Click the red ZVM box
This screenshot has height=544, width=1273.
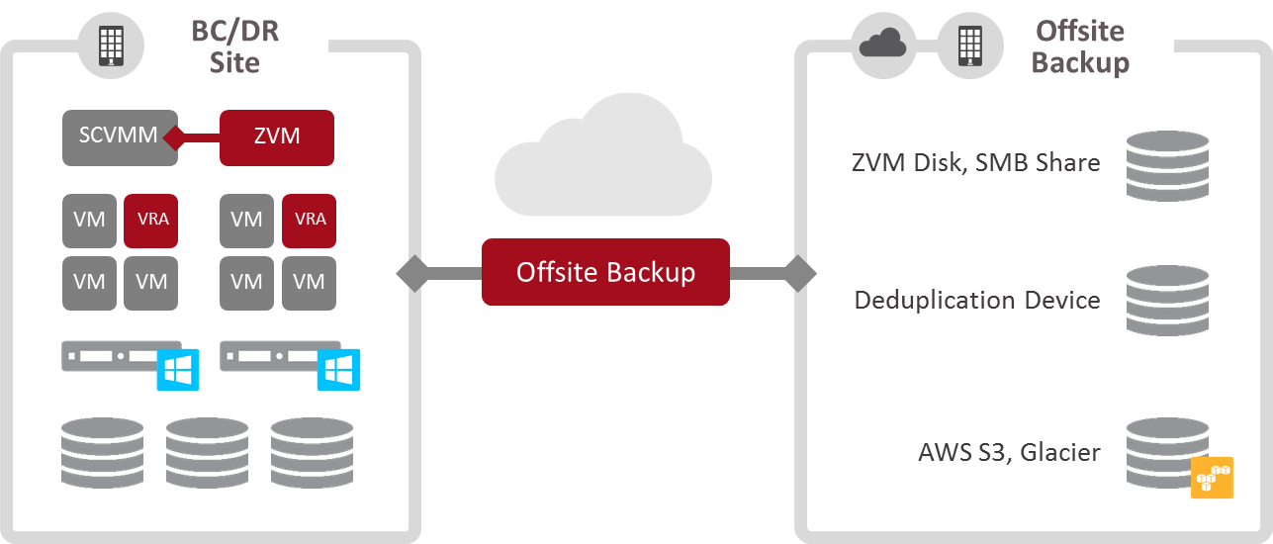276,136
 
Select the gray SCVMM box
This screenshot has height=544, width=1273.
119,136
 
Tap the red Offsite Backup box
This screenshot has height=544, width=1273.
605,272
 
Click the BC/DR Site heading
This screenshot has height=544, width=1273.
234,46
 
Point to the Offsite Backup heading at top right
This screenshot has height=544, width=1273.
1080,46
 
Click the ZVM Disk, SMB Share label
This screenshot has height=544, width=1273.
975,162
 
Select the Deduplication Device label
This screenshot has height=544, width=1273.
976,299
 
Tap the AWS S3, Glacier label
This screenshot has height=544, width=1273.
1009,452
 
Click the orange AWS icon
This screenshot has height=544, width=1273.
1212,478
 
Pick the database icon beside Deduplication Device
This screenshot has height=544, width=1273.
1167,300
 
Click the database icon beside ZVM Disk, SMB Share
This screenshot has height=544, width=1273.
1167,165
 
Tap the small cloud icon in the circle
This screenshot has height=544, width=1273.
883,44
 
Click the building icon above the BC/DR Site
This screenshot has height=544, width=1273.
111,45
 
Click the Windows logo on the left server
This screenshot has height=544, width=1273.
178,370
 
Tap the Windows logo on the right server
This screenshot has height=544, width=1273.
337,370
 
